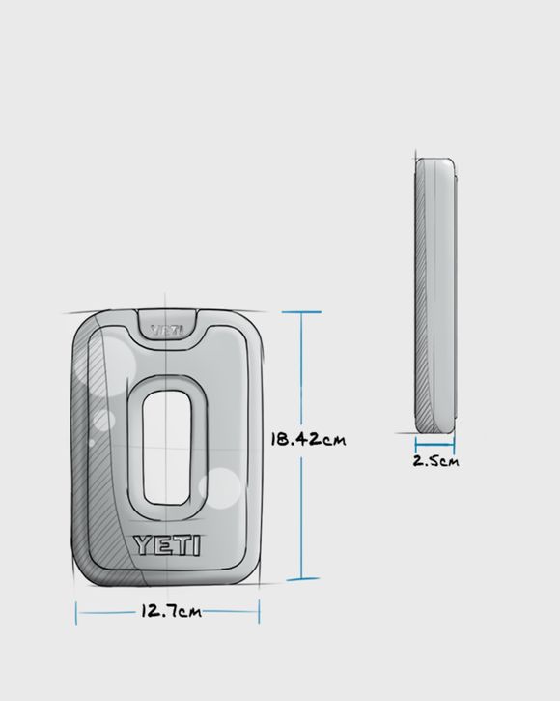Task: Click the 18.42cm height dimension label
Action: (x=308, y=440)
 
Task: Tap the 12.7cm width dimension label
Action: (x=171, y=611)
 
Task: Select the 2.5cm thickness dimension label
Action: (x=435, y=461)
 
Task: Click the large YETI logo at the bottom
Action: (x=167, y=545)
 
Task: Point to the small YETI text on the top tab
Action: (x=167, y=331)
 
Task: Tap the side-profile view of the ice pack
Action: (x=435, y=296)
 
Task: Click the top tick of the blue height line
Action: (x=302, y=311)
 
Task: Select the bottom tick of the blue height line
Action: (x=302, y=579)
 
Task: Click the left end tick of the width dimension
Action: (x=76, y=613)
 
